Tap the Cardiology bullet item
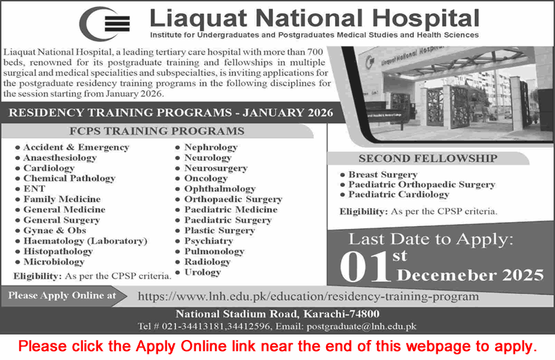pos(49,168)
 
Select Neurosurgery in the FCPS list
pos(216,168)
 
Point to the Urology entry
pos(203,272)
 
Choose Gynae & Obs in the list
pos(55,230)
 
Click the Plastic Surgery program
pos(219,230)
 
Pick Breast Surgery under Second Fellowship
pos(383,174)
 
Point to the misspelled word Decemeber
pos(439,275)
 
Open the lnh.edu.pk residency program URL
pos(308,297)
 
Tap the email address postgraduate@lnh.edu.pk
pos(363,326)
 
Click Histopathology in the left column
pos(58,252)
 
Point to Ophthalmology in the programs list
pos(220,189)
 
